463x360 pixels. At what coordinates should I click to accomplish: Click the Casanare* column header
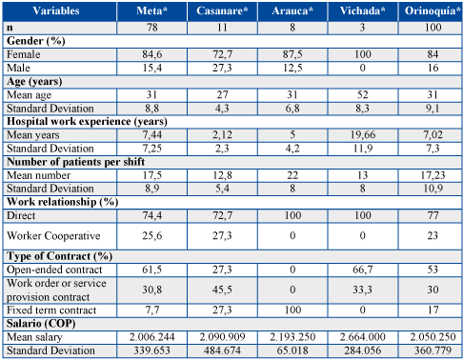tap(222, 10)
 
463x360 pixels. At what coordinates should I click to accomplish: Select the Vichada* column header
tap(362, 10)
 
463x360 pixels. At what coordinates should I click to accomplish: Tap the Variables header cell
tap(56, 10)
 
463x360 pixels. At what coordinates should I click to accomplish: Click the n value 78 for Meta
tap(151, 28)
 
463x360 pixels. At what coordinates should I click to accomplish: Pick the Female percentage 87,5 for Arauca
tap(292, 54)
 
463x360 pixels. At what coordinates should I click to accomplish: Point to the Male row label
tap(18, 68)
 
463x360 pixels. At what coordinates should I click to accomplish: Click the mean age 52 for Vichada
tap(362, 94)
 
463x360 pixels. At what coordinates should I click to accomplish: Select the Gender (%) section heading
tap(36, 41)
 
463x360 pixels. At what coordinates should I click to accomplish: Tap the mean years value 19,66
tap(362, 135)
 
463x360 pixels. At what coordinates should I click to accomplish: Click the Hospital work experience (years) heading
tap(87, 122)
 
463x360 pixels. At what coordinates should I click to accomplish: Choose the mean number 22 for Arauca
tap(292, 175)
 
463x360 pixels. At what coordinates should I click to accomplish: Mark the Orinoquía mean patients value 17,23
tap(433, 175)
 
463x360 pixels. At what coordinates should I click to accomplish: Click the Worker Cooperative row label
tap(53, 236)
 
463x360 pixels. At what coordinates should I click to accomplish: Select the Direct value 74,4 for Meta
tap(151, 215)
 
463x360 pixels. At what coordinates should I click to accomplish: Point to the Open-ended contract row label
tap(54, 270)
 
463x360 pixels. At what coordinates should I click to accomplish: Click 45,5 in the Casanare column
tap(222, 290)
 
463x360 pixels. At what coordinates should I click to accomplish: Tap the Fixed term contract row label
tap(51, 310)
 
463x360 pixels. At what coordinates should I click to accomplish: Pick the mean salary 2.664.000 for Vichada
tap(362, 337)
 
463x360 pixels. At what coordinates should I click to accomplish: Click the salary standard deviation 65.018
tap(292, 350)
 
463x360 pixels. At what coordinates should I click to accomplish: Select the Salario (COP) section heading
tap(41, 324)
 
